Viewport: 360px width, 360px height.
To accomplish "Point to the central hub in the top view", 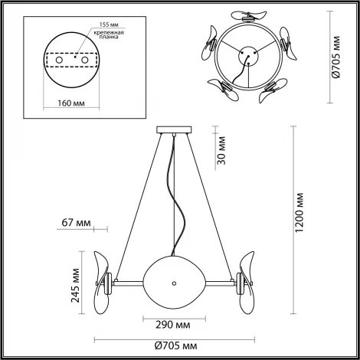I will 246,55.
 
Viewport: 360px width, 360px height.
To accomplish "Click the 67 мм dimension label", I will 77,224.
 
